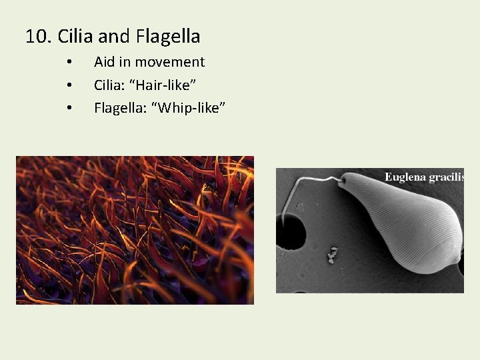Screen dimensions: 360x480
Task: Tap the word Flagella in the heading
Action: point(168,36)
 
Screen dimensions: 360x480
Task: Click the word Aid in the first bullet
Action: point(105,62)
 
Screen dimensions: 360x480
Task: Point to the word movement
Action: point(171,62)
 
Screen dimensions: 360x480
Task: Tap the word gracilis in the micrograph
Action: point(449,177)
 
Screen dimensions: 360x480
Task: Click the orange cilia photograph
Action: point(135,230)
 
